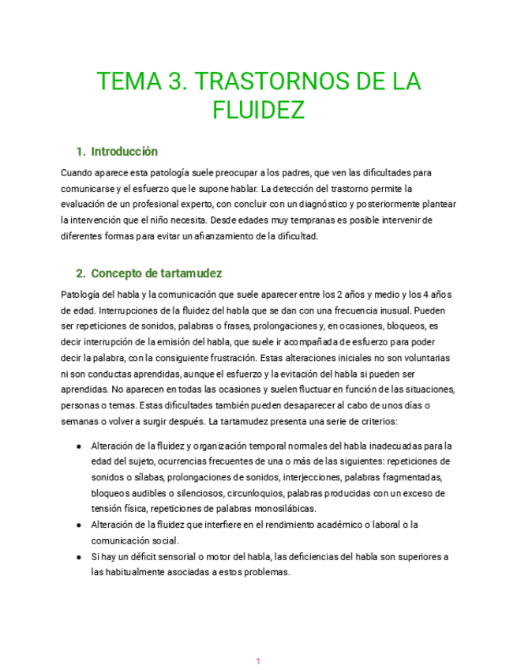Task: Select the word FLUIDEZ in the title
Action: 258,110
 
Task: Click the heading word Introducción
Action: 125,151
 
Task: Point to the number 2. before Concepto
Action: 81,274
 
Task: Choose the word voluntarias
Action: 423,357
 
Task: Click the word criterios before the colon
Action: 382,421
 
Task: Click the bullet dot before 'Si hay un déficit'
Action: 80,557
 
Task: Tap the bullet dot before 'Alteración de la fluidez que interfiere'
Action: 80,525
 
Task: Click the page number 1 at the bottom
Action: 258,660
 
